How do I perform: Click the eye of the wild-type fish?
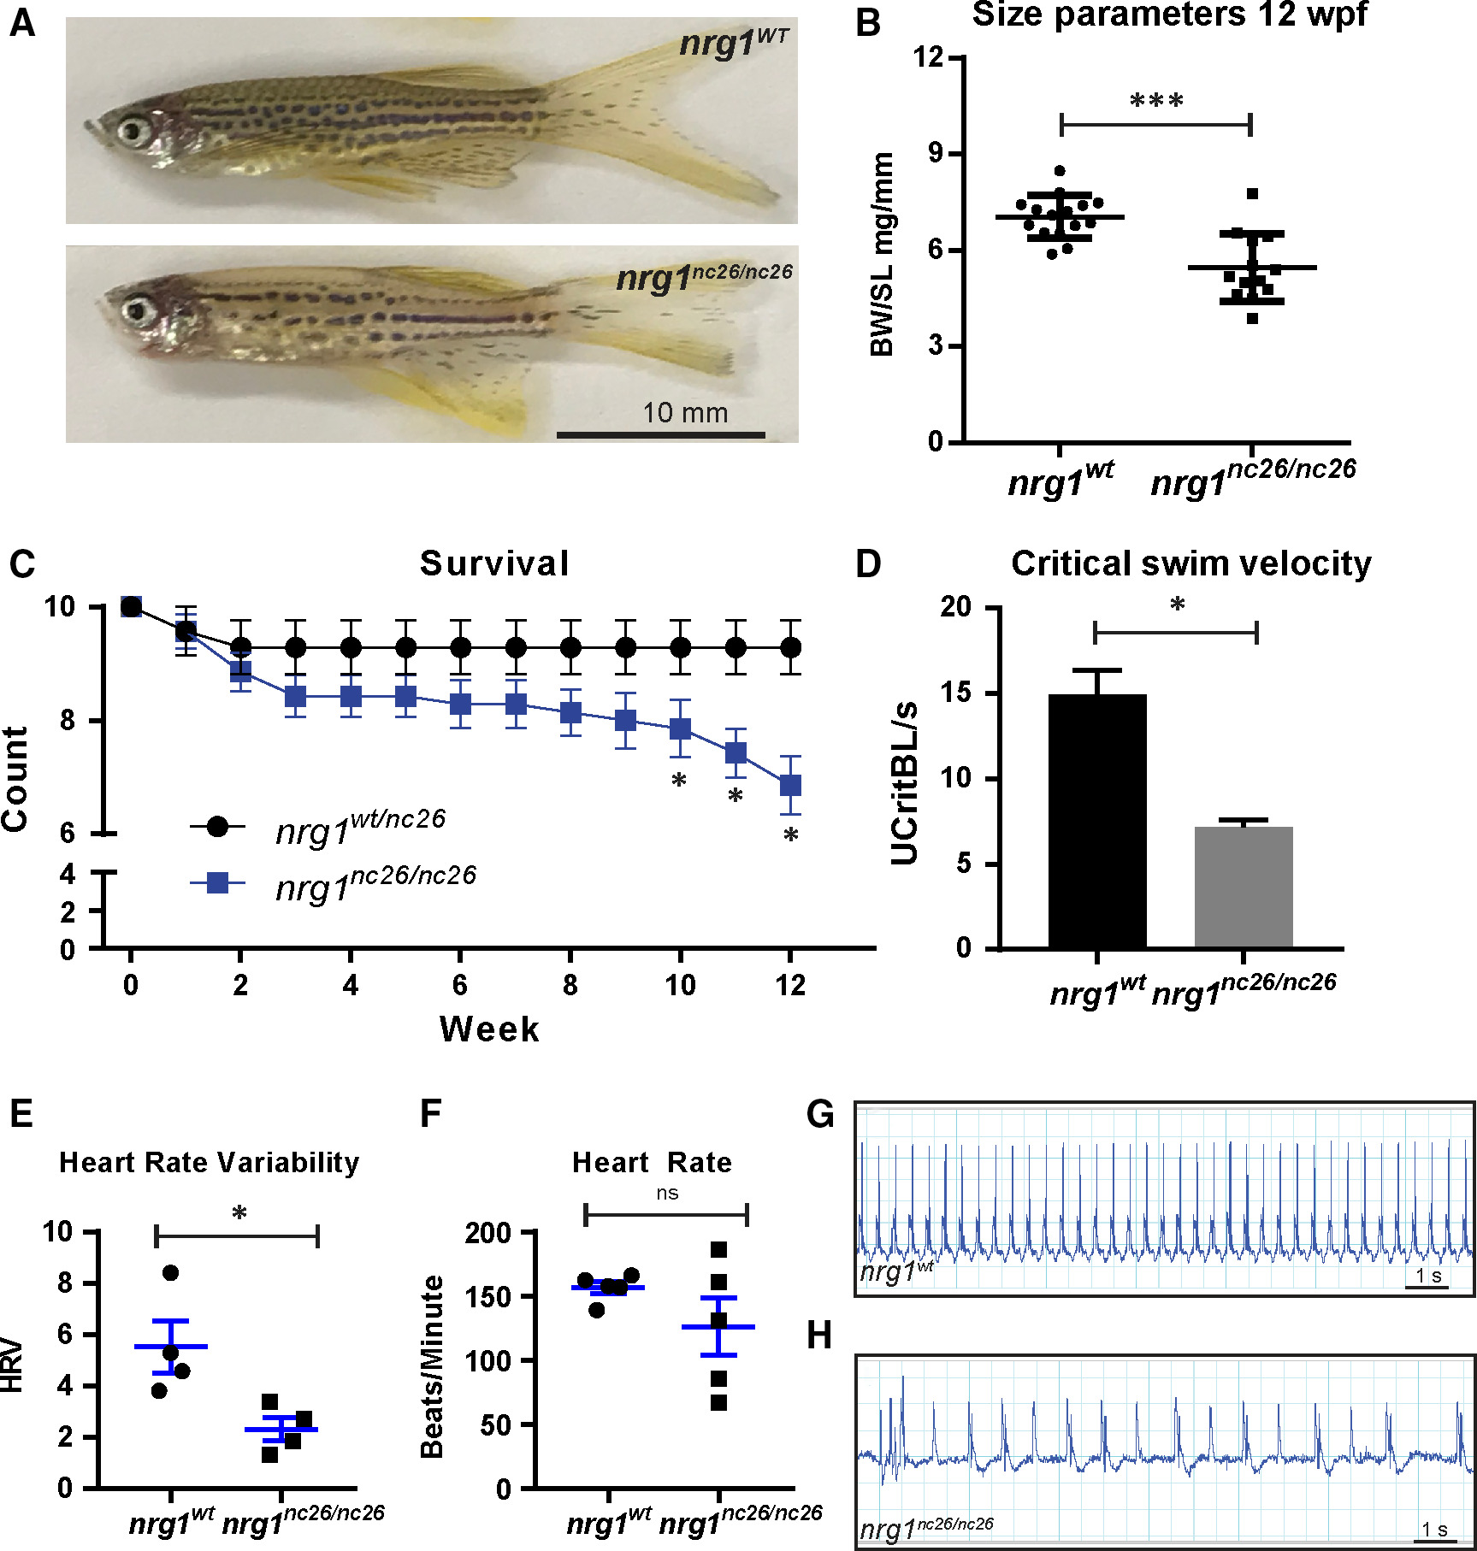tap(134, 131)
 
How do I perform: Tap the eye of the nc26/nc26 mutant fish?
tap(135, 308)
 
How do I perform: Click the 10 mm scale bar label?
tap(685, 413)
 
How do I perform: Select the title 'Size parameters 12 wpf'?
tap(1169, 15)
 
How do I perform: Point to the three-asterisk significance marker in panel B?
tap(1156, 102)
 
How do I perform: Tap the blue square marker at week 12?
tap(790, 785)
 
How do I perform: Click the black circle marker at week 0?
tap(131, 606)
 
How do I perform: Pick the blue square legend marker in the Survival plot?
tap(218, 882)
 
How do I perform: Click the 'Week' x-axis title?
tap(489, 1029)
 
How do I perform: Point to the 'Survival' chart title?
tap(494, 563)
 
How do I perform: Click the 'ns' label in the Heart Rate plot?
tap(667, 1193)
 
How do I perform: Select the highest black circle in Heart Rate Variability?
tap(170, 1273)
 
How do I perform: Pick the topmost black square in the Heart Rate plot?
tap(718, 1250)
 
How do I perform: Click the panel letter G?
tap(820, 1115)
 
